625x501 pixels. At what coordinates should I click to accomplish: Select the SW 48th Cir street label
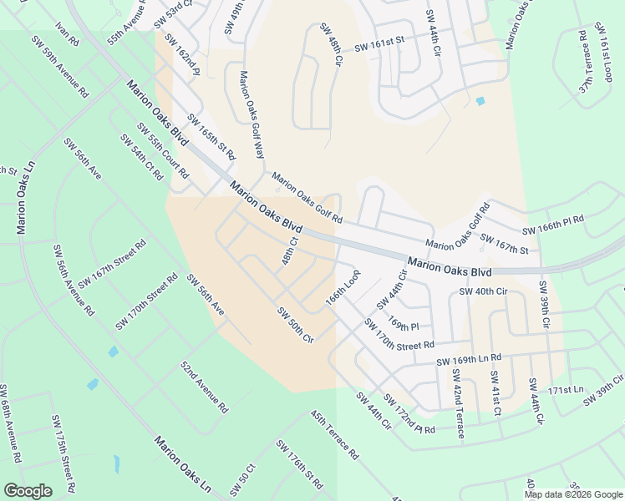pos(331,46)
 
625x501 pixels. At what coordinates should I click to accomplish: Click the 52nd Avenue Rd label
pos(204,387)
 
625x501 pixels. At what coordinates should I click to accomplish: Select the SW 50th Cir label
pos(295,326)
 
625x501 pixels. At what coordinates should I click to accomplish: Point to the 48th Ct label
pos(289,251)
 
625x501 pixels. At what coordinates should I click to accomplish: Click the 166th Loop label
pos(343,286)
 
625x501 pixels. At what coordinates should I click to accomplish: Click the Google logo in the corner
pos(28,491)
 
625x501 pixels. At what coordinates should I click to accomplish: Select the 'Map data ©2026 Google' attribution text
pos(573,494)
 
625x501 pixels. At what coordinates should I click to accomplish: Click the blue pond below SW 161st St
pos(480,102)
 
